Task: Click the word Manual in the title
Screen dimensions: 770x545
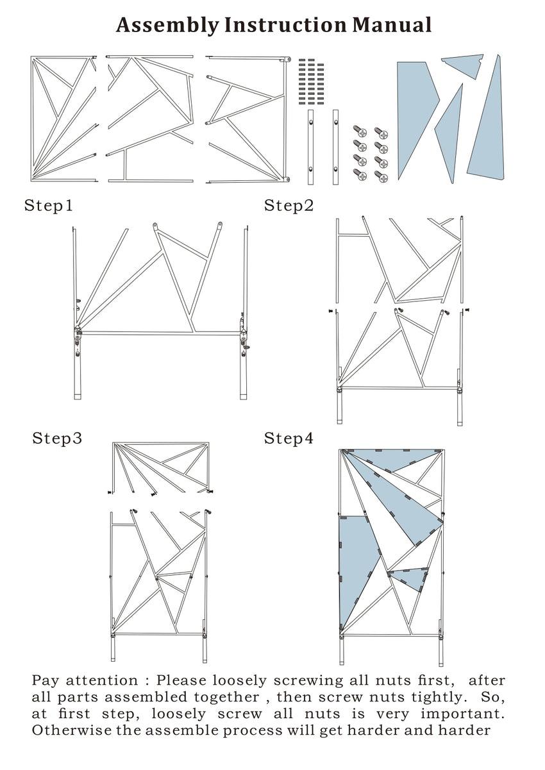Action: coord(392,25)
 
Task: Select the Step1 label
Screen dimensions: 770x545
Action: coord(49,206)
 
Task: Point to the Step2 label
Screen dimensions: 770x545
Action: coord(289,206)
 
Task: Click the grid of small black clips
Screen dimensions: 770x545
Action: coord(312,80)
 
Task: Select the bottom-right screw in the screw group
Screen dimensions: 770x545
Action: coord(381,176)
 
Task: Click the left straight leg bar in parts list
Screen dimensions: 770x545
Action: coord(310,147)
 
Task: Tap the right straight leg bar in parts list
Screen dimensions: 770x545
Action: coord(335,147)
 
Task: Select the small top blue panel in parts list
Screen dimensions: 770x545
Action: coord(463,65)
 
